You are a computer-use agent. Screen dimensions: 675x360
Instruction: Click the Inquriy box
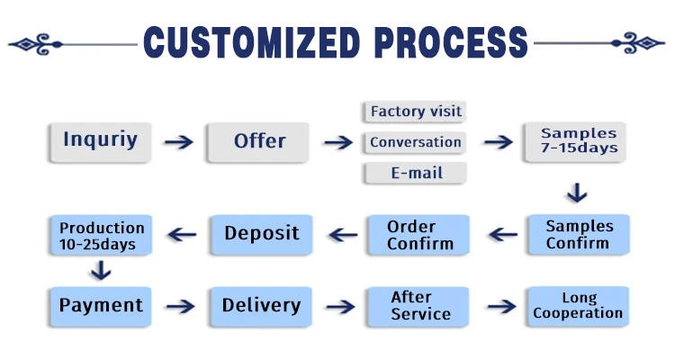(100, 142)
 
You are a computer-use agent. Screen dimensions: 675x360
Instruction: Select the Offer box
(258, 142)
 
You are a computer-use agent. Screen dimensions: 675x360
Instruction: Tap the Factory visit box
(415, 112)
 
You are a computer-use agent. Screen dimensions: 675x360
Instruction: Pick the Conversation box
(415, 142)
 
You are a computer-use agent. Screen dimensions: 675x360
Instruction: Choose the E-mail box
(416, 173)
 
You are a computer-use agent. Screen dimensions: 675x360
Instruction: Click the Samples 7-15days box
(575, 142)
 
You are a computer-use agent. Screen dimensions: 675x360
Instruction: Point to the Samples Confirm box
(579, 235)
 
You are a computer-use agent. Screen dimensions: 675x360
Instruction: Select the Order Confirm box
(418, 235)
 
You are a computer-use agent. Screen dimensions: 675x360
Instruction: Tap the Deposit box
(262, 235)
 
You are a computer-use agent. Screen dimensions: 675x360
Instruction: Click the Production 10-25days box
(101, 235)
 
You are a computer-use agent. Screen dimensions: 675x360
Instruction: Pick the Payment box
(101, 307)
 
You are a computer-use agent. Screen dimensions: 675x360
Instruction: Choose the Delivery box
(261, 307)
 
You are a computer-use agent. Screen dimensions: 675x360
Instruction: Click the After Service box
(418, 307)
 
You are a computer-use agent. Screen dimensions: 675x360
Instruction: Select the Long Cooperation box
(578, 307)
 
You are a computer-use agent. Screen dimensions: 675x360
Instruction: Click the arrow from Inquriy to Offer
(179, 142)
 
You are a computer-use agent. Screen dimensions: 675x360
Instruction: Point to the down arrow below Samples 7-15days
(577, 193)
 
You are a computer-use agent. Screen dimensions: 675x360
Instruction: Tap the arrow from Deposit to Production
(182, 235)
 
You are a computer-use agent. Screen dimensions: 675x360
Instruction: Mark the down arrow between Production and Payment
(101, 270)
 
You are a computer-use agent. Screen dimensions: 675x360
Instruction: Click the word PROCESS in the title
(451, 42)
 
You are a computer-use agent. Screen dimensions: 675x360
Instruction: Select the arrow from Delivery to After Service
(340, 307)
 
